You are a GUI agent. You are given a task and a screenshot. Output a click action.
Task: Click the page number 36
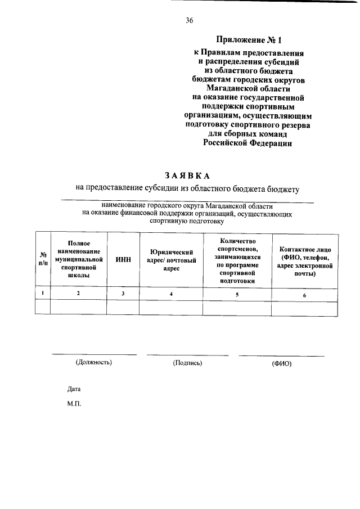pos(190,21)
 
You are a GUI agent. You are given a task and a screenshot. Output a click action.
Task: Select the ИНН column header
pos(123,260)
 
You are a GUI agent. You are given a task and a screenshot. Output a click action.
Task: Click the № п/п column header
pos(43,260)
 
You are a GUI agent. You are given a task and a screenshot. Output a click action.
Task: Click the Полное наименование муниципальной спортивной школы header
pos(78,259)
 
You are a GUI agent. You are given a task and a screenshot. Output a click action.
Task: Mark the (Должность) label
pos(94,362)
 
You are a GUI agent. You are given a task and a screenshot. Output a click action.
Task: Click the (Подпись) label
pos(188,363)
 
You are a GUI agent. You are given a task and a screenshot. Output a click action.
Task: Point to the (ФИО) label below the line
pos(282,363)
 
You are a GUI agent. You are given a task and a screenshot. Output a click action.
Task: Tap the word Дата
pos(74,389)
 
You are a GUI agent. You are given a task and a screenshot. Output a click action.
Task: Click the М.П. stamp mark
pos(74,403)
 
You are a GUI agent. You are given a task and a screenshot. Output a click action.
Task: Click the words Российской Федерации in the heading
pos(248,144)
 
